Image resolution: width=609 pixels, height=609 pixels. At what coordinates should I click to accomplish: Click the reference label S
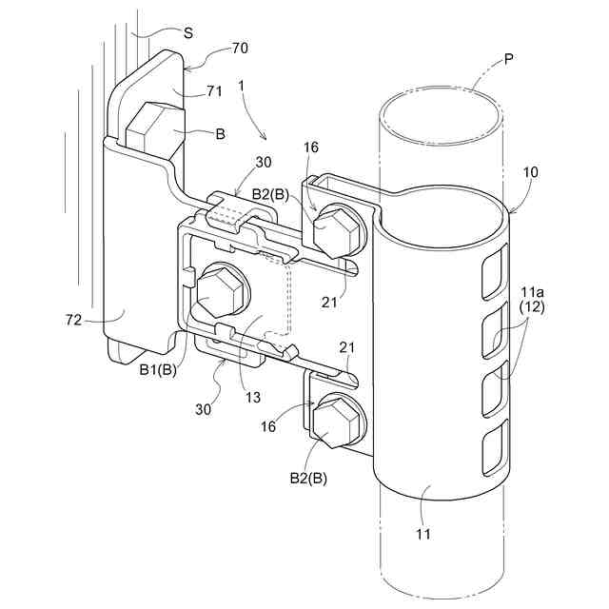[187, 32]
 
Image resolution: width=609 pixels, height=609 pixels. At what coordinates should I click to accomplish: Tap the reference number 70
[241, 47]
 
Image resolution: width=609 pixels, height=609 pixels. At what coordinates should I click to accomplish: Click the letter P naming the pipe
[510, 58]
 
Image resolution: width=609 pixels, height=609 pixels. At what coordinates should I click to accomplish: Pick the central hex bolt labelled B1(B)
[220, 292]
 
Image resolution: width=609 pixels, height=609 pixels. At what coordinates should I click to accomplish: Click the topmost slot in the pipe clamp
[496, 268]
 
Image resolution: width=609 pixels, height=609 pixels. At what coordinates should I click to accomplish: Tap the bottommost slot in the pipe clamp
[493, 450]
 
